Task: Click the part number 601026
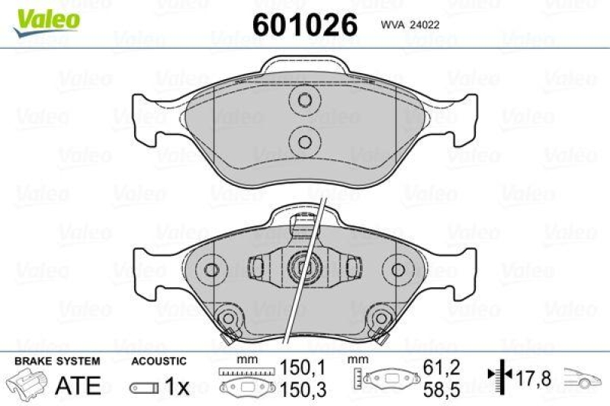pyautogui.click(x=304, y=24)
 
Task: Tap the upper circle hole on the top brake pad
pyautogui.click(x=305, y=101)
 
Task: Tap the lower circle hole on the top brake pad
pyautogui.click(x=305, y=139)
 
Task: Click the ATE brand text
pyautogui.click(x=79, y=385)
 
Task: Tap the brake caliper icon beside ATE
pyautogui.click(x=27, y=384)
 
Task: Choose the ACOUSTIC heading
pyautogui.click(x=159, y=360)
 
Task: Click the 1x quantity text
pyautogui.click(x=177, y=387)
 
